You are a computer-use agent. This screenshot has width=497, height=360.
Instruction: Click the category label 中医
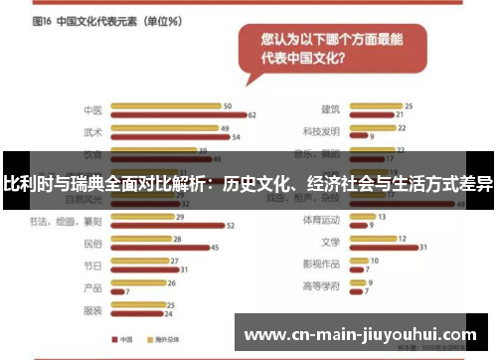92,110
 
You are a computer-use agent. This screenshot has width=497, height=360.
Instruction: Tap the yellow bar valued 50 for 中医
166,106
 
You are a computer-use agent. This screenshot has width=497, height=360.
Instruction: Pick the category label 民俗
92,243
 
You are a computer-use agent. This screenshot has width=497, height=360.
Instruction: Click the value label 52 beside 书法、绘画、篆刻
231,226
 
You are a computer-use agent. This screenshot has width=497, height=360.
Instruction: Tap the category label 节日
92,265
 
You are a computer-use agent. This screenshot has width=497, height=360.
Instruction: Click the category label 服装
92,309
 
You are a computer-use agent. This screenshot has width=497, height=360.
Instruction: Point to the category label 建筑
330,109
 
